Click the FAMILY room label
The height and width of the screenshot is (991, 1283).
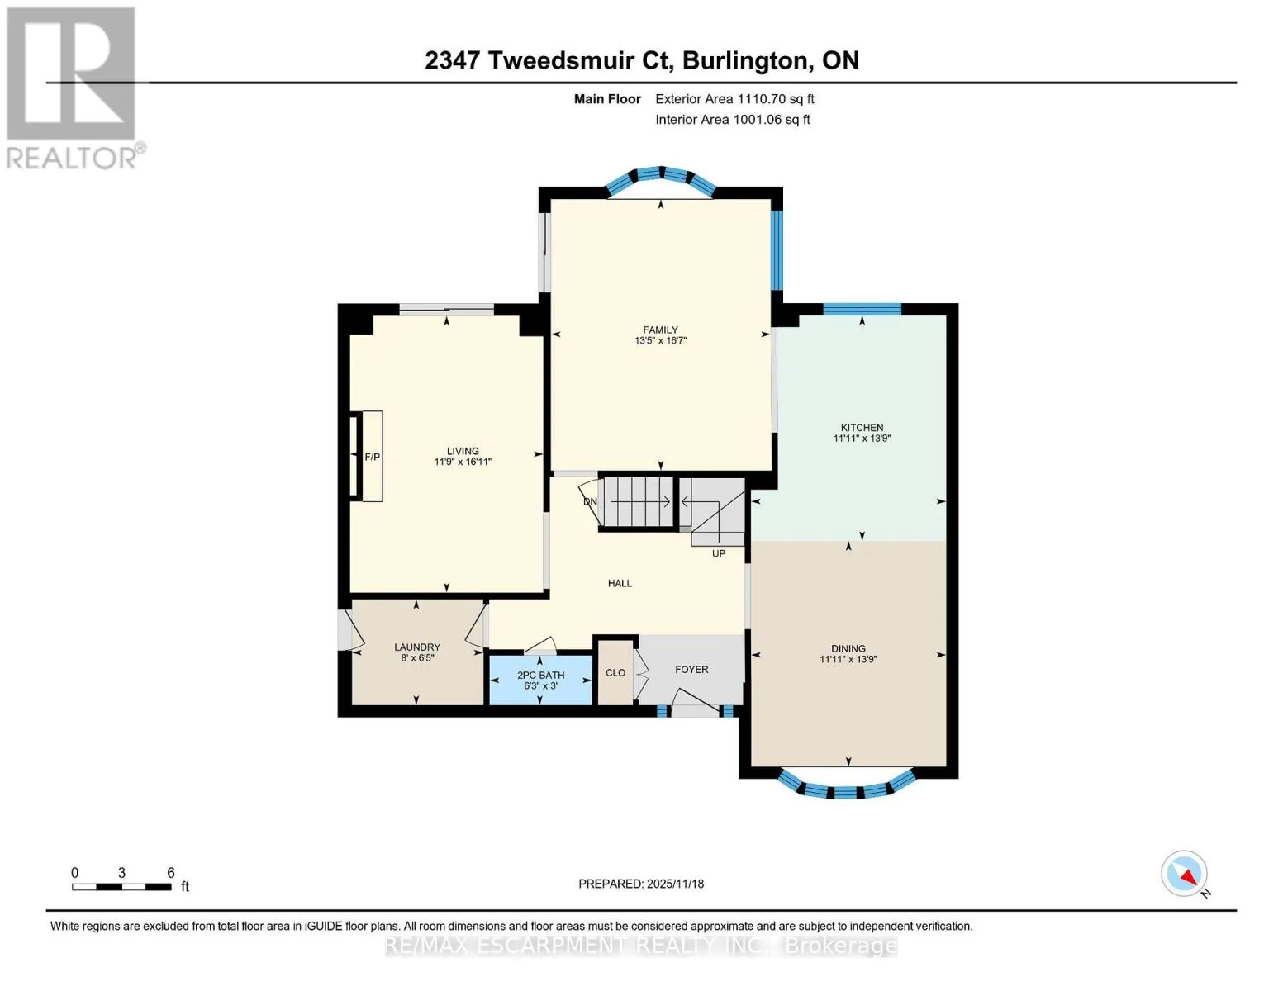tap(660, 330)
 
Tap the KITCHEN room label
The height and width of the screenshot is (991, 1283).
tap(862, 427)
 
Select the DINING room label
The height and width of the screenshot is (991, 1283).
tap(848, 648)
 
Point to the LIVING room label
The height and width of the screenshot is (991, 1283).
tap(463, 451)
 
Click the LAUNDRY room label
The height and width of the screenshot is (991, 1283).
tap(417, 647)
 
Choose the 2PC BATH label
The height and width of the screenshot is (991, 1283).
tap(540, 675)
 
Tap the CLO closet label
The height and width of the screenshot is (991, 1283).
tap(615, 672)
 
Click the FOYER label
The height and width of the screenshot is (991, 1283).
tap(691, 669)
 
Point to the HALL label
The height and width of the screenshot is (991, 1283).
tap(620, 583)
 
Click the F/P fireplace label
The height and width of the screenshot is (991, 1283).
tap(372, 457)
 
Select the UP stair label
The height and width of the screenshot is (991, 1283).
tap(718, 553)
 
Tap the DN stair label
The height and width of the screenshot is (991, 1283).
tap(590, 501)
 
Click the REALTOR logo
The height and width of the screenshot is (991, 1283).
tap(74, 88)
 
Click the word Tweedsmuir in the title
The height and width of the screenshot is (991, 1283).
tap(581, 60)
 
